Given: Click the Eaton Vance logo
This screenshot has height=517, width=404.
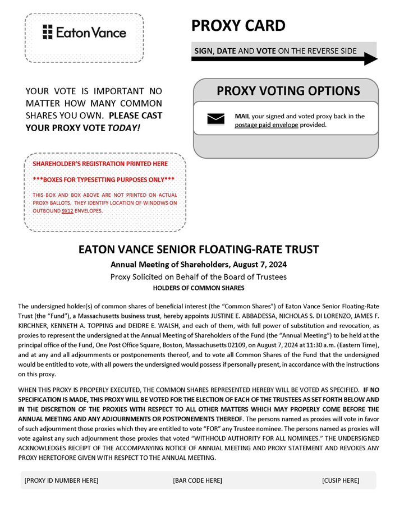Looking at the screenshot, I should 84,33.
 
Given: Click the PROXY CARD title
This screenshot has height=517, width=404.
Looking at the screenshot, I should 238,26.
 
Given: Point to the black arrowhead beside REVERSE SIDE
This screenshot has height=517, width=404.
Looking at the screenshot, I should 370,58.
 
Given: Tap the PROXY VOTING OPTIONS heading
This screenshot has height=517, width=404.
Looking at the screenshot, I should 288,91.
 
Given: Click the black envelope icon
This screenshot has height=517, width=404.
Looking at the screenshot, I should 216,119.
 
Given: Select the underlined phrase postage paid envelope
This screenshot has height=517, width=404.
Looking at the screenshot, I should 267,125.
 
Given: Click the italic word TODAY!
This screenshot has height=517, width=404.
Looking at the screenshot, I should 125,128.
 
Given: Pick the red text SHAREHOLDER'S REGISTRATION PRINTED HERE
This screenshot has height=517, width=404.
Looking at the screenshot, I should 100,163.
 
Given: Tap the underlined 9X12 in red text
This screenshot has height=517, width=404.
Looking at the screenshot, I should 67,211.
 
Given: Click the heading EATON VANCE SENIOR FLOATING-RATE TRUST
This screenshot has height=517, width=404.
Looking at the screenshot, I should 199,249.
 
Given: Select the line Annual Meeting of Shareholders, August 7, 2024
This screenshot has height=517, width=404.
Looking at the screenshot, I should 199,264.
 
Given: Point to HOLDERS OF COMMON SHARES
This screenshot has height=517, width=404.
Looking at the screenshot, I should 199,288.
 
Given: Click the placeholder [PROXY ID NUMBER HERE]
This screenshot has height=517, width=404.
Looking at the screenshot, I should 62,481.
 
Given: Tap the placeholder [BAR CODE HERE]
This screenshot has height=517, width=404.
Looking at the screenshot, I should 198,481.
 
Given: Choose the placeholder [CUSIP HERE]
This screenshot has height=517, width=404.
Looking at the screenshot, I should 341,481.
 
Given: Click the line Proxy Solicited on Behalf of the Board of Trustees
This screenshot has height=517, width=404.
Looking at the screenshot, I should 199,276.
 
